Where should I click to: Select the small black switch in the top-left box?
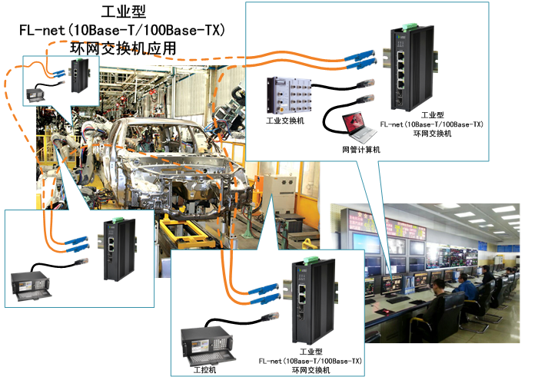(x=78, y=76)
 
